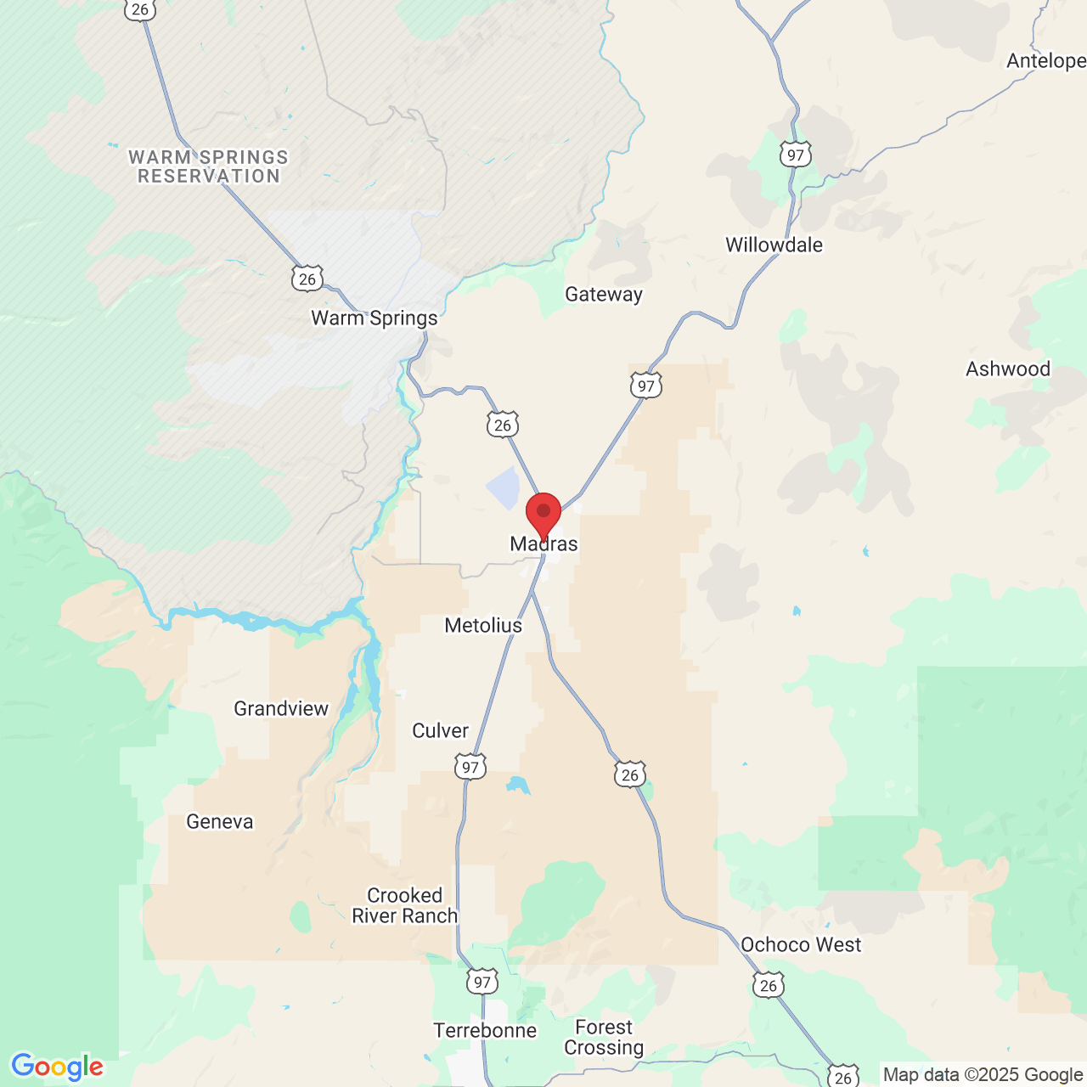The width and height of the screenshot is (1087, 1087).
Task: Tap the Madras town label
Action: coord(543,544)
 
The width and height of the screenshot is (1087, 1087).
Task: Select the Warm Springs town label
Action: coord(375,318)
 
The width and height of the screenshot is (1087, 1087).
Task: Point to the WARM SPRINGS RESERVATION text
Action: coord(209,167)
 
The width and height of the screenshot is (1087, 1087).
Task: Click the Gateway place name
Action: coord(604,295)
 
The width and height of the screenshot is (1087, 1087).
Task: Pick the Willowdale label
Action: coord(774,245)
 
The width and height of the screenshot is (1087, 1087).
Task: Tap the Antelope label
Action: coord(1045,61)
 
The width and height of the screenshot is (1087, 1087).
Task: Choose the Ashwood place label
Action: coord(1008,369)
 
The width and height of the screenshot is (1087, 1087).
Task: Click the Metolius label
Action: coord(483,626)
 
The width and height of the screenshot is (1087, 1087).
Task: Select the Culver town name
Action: coord(440,731)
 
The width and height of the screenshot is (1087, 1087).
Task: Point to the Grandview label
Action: coord(281,709)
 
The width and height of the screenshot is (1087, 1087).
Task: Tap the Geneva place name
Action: coord(220,822)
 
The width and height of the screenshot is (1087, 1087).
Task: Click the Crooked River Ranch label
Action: coord(404,906)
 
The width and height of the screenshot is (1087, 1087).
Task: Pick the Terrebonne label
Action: coord(485,1031)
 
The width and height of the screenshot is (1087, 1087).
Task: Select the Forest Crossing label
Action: coord(604,1038)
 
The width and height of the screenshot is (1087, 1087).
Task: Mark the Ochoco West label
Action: coord(801,945)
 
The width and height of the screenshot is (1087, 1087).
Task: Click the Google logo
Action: coord(57,1067)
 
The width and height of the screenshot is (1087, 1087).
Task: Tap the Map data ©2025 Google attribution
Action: coord(983,1075)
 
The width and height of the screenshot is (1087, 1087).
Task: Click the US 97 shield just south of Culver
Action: coord(470,768)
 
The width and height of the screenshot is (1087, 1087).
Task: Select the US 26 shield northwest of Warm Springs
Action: coord(307,279)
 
